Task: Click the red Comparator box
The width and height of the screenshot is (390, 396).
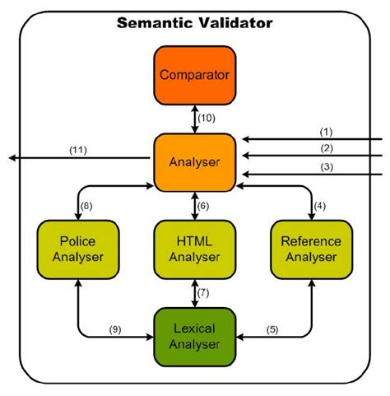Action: coord(194,74)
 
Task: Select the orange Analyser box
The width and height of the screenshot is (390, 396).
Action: coord(194,161)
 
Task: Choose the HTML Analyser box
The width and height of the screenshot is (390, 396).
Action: coord(194,249)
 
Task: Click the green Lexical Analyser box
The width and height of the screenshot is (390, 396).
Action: coord(194,334)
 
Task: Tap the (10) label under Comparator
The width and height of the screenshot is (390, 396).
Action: coord(208,118)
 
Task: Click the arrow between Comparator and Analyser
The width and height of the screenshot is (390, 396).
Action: coord(194,118)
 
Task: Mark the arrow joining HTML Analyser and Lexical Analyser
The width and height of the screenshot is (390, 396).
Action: coord(194,292)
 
